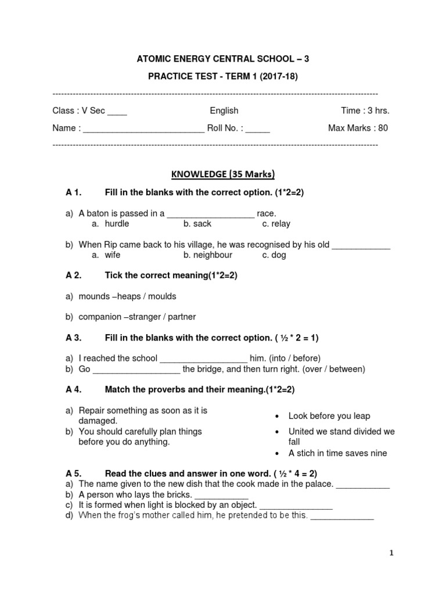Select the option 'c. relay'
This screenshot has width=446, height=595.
(276, 224)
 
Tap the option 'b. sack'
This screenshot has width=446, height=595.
(197, 224)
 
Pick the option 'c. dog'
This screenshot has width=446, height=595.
(274, 255)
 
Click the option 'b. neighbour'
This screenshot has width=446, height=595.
(207, 255)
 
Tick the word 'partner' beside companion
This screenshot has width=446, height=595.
(181, 317)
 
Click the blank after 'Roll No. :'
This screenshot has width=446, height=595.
(257, 128)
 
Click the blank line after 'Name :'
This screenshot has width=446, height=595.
(143, 128)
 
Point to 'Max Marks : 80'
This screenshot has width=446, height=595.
(358, 128)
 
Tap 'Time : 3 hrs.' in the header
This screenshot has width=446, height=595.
(365, 110)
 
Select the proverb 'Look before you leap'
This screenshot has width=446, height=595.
(329, 416)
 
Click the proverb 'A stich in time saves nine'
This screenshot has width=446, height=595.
(337, 453)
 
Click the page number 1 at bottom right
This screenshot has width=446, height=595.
(392, 553)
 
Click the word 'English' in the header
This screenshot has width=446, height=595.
(224, 110)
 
